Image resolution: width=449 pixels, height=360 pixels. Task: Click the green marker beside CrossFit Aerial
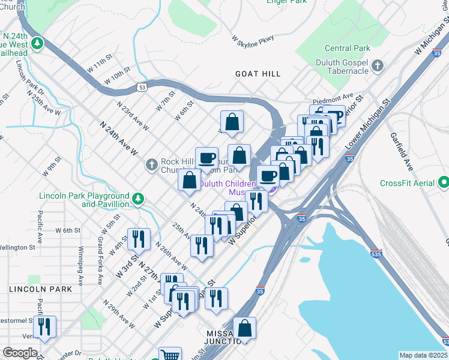[444, 181]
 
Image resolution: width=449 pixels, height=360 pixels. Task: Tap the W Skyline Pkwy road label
[253, 39]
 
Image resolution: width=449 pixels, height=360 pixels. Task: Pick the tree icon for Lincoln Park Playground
[138, 198]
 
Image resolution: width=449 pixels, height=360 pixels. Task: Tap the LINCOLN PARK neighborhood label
[40, 289]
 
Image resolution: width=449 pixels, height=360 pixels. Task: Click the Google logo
[20, 353]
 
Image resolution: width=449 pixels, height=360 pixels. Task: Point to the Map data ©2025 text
[423, 355]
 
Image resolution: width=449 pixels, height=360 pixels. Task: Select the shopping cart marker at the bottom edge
[170, 355]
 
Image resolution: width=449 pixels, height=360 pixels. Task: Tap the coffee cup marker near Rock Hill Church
[206, 157]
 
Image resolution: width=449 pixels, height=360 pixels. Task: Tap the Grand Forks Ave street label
[100, 260]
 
